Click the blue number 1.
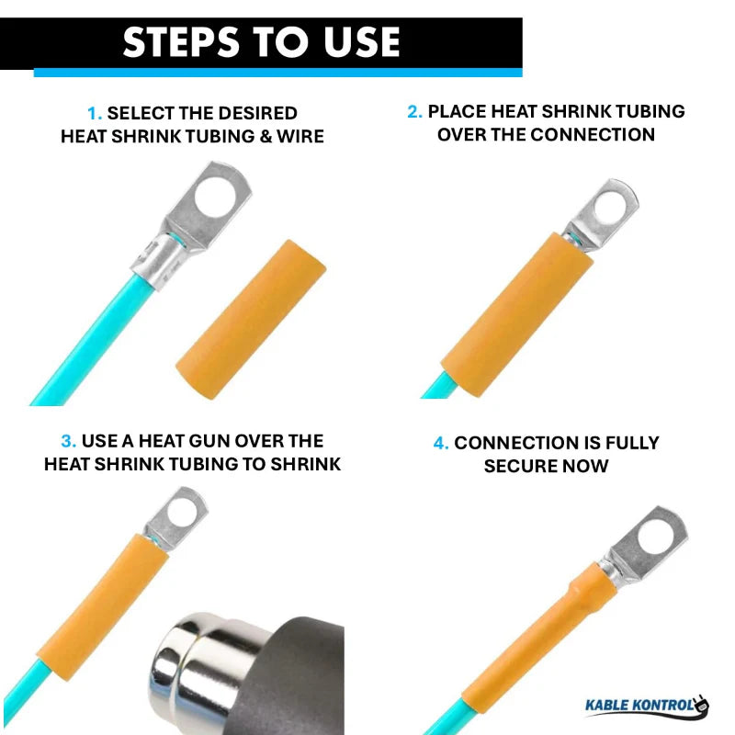(94, 114)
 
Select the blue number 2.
(413, 112)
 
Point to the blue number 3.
(68, 441)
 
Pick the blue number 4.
(440, 443)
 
